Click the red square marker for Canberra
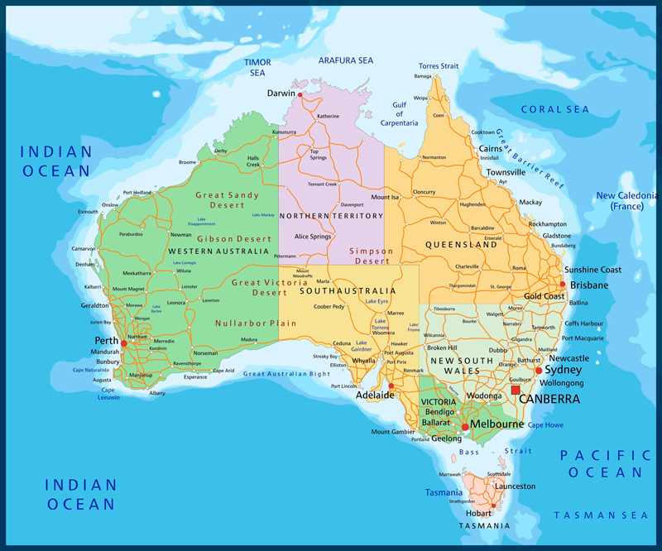pos(516,390)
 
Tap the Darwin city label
pos(281,93)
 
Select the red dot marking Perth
pos(123,343)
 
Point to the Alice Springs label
pos(307,237)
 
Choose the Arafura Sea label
pos(346,60)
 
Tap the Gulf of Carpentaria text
pos(400,114)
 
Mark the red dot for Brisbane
pos(562,285)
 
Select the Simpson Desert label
pos(371,256)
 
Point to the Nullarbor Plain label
pos(244,323)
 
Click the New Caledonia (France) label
pos(626,201)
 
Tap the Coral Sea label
pos(554,110)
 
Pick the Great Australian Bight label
pos(286,375)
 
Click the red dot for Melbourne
pos(465,426)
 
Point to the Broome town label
pos(187,162)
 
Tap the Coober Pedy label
pos(329,307)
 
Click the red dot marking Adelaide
pos(391,385)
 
